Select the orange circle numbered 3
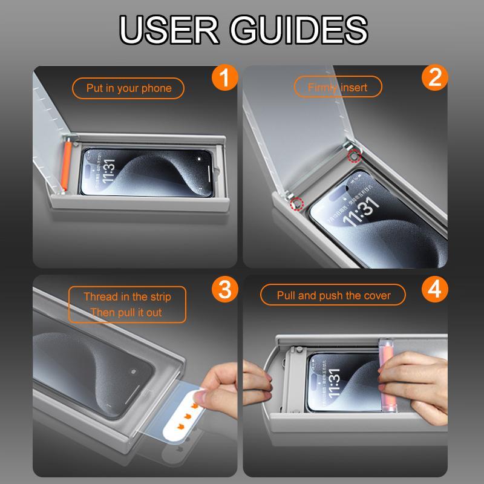pos(224,289)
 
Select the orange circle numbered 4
pos(434,289)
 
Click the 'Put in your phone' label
pos(129,88)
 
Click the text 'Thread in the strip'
pos(127,297)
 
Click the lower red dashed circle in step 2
pos(296,204)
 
